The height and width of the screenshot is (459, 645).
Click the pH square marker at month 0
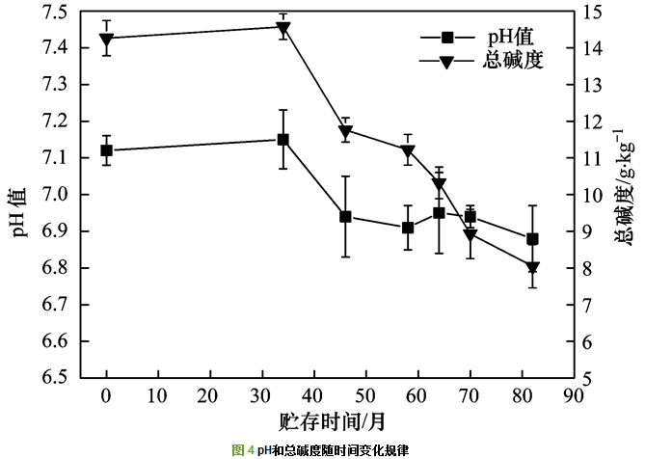pyautogui.click(x=106, y=150)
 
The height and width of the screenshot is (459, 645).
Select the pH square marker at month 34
pyautogui.click(x=283, y=139)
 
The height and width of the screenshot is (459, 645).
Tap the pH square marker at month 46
pyautogui.click(x=345, y=217)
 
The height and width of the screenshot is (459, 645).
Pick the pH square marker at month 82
pyautogui.click(x=532, y=239)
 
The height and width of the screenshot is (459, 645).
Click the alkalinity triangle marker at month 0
pyautogui.click(x=106, y=40)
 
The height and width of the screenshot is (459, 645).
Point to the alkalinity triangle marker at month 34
pyautogui.click(x=283, y=28)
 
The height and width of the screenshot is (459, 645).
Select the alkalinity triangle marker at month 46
pyautogui.click(x=345, y=131)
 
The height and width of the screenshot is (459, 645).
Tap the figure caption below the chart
pyautogui.click(x=321, y=450)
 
